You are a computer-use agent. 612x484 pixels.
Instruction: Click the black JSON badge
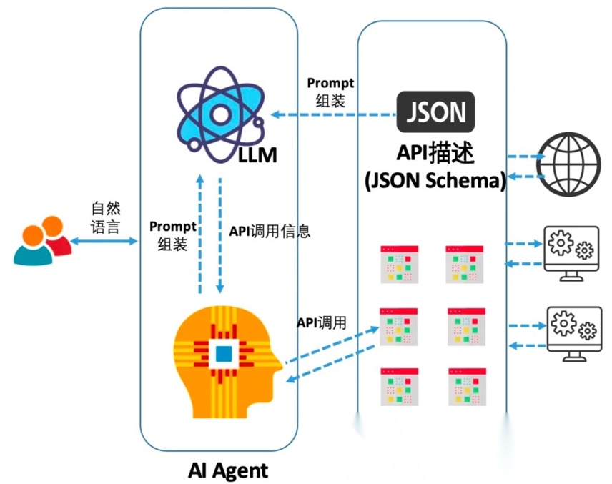435,112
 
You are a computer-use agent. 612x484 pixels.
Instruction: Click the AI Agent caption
227,470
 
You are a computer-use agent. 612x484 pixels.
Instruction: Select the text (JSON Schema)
435,180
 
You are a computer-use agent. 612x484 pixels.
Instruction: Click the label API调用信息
270,232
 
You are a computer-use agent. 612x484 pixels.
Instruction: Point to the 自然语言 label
105,218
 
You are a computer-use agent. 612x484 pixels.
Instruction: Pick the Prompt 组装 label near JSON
330,92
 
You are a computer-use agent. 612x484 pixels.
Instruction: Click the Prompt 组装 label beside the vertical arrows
173,235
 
